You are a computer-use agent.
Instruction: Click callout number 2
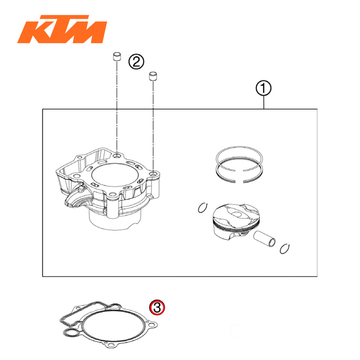pyautogui.click(x=136, y=62)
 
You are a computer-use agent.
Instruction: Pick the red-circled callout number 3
pyautogui.click(x=157, y=307)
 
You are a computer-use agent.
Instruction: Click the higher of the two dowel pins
pyautogui.click(x=116, y=57)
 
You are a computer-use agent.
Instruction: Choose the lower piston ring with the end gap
pyautogui.click(x=239, y=172)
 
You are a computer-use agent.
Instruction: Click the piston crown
pyautogui.click(x=236, y=214)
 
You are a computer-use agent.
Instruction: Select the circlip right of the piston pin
pyautogui.click(x=285, y=248)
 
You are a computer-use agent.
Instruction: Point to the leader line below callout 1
pyautogui.click(x=264, y=103)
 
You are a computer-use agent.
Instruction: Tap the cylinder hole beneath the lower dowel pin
pyautogui.click(x=154, y=174)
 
